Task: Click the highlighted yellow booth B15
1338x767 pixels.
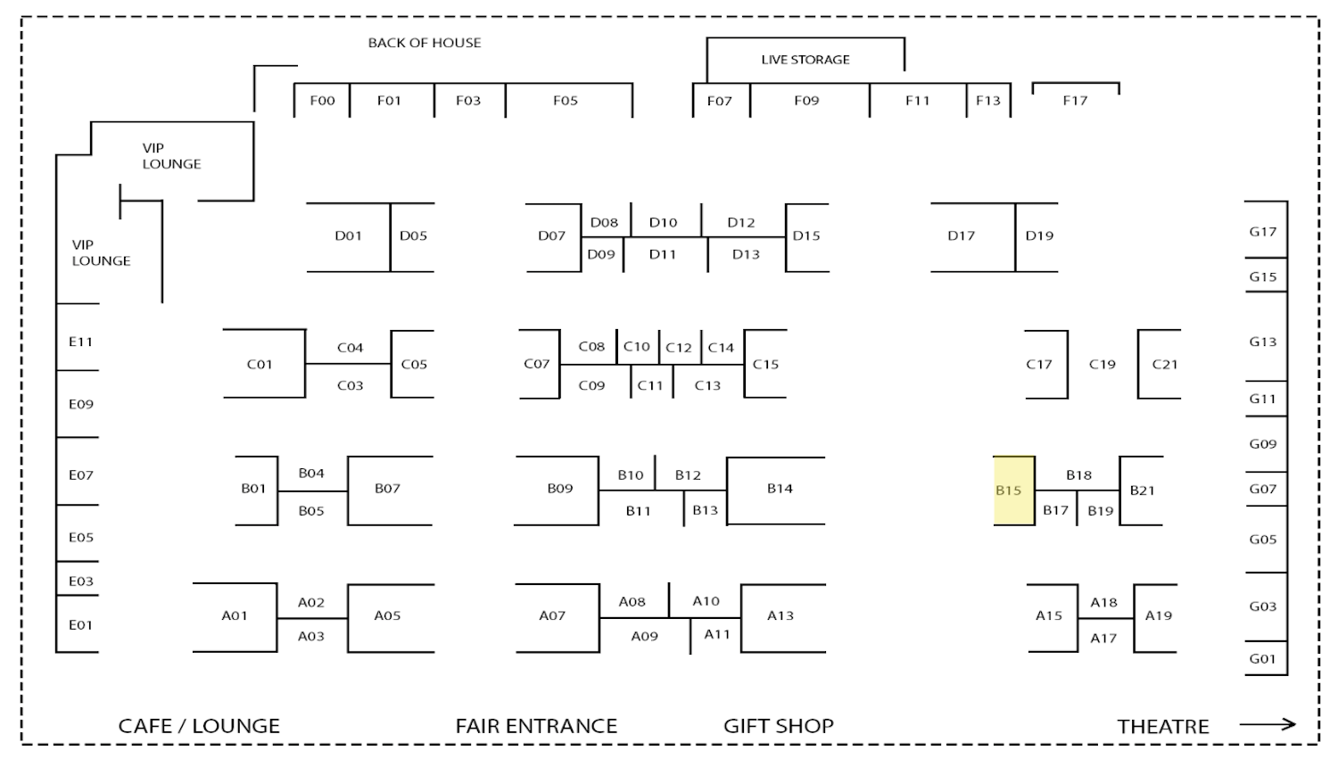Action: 1014,491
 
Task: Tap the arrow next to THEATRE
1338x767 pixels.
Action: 1267,724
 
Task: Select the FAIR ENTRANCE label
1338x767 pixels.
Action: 536,726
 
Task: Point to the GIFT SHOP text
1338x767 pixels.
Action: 778,726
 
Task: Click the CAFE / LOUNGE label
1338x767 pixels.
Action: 199,726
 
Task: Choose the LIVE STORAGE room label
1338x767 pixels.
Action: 805,60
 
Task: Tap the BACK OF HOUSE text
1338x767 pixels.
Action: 425,43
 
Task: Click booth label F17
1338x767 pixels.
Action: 1075,101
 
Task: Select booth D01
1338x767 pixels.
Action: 348,236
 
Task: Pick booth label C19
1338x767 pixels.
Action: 1103,364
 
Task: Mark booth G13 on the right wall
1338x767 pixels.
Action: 1263,342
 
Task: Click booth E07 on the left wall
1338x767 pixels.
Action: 80,475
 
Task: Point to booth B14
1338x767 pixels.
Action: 780,489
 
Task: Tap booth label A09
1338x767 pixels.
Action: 644,637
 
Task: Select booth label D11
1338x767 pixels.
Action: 663,254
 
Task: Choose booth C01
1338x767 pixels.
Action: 260,364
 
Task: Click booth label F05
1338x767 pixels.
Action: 566,101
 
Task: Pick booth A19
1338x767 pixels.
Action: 1159,615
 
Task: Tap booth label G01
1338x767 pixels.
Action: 1263,659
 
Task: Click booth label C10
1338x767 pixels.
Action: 637,347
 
